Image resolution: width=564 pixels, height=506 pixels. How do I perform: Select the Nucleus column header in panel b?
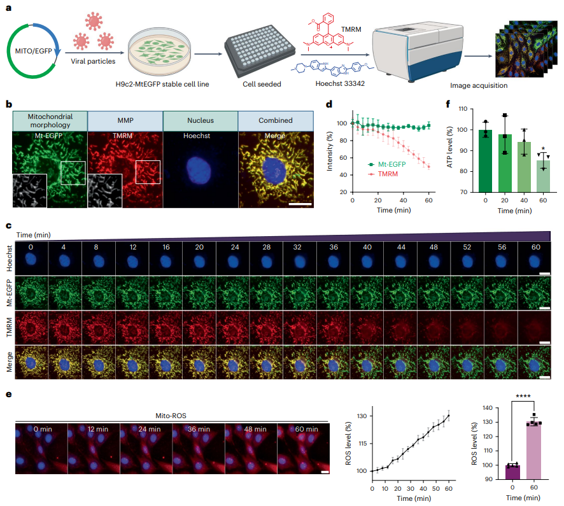point(200,120)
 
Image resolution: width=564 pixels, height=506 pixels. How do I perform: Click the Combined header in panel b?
point(276,120)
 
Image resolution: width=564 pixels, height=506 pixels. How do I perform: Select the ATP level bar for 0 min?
point(485,160)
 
